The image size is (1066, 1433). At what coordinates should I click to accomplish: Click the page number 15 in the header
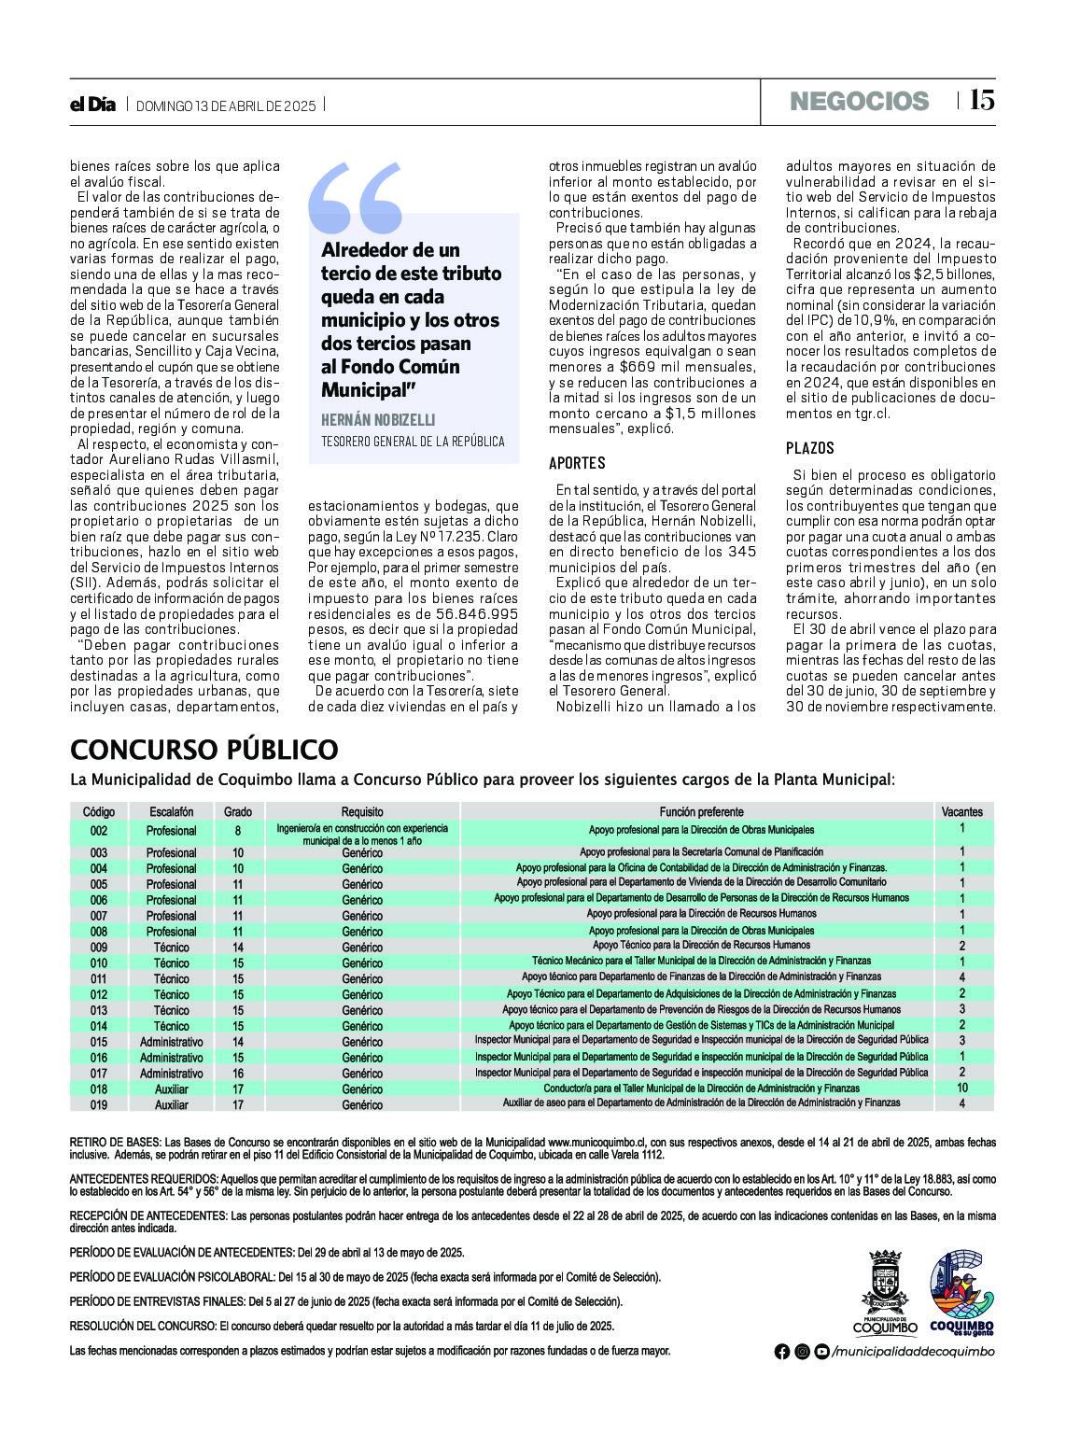tap(981, 101)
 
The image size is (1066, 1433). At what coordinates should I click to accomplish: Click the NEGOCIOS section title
tap(859, 102)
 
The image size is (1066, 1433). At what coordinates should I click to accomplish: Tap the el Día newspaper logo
tap(92, 105)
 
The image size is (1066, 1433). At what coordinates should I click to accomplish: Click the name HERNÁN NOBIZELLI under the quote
tap(378, 420)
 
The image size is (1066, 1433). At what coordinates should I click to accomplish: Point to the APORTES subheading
tap(577, 463)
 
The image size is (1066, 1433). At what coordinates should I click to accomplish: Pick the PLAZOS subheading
tap(809, 448)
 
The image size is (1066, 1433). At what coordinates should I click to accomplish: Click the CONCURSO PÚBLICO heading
tap(204, 750)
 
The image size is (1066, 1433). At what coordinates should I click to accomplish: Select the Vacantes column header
tap(961, 812)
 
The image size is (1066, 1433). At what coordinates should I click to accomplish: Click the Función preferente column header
tap(701, 812)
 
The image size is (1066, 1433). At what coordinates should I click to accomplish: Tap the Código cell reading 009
tap(99, 948)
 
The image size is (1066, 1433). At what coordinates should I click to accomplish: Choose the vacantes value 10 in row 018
tap(961, 1089)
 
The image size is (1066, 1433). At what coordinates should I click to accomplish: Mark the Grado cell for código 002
tap(238, 831)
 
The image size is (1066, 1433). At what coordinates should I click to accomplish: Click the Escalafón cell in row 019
tap(171, 1105)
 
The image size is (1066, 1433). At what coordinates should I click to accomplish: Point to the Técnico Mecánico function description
tap(701, 961)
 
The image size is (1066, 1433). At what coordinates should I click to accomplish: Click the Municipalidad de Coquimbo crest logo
tap(885, 1292)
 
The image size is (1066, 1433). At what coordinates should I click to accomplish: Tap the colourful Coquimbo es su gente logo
tap(961, 1292)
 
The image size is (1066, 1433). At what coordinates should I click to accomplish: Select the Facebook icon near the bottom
tap(781, 1352)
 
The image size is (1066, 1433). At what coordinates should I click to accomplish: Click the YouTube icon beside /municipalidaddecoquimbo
tap(821, 1352)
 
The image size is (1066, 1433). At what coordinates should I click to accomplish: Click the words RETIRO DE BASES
tap(116, 1143)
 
